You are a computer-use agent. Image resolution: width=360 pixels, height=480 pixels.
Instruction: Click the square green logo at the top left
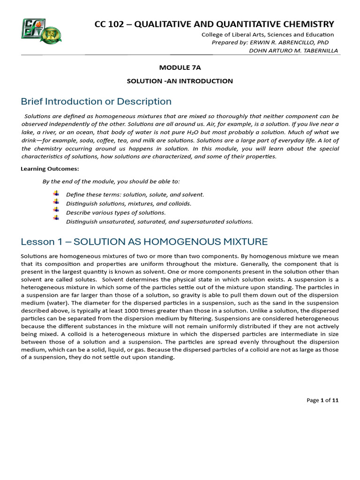[x=33, y=29]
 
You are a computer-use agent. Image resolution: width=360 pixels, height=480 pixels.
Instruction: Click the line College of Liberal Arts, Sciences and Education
[x=267, y=34]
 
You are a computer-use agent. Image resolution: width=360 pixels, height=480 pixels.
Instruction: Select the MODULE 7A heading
[x=180, y=67]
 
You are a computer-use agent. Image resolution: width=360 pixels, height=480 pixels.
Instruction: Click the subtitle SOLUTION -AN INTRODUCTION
[x=180, y=81]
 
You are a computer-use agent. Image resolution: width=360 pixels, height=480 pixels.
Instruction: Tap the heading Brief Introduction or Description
[x=96, y=101]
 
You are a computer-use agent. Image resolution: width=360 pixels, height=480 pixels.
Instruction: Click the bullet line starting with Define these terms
[x=135, y=195]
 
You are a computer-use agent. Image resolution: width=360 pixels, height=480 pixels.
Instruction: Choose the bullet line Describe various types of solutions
[x=116, y=212]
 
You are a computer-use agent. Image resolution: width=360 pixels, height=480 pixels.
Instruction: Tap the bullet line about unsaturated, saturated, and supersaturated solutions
[x=159, y=221]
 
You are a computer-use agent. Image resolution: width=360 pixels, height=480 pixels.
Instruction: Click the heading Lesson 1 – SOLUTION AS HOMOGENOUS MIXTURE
[x=144, y=242]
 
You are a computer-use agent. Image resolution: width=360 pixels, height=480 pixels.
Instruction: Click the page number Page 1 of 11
[x=322, y=400]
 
